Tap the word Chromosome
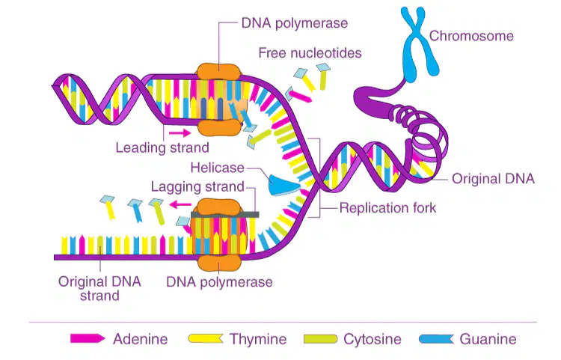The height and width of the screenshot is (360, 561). pos(471,36)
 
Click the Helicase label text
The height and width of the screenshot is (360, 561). pos(217,168)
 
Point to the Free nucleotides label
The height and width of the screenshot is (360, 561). pos(310,53)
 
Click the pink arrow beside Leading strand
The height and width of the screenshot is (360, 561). pos(180,133)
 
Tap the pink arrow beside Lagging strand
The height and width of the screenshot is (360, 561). pos(180,204)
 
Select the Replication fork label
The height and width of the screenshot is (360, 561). pos(387,208)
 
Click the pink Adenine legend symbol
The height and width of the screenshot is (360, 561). pos(88,338)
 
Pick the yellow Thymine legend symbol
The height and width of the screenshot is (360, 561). pos(206,338)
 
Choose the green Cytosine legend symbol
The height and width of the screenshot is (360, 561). pos(321,339)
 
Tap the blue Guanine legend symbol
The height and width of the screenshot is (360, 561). pos(436,339)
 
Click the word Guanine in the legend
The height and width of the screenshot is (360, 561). pos(488,339)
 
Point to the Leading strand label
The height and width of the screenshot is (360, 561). pos(162,147)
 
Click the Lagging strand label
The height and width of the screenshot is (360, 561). pos(197,186)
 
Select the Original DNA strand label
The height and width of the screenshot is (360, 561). pos(99,288)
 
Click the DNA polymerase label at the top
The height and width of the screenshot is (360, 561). pos(295,23)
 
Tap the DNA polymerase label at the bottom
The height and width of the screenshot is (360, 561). pos(219,282)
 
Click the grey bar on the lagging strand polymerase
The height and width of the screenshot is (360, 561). pos(224,215)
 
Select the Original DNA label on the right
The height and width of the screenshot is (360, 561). pos(493,179)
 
